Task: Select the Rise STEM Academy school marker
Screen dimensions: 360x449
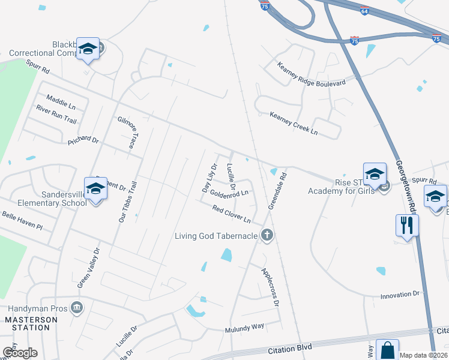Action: pyautogui.click(x=375, y=175)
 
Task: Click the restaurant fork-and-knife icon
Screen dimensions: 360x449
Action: pyautogui.click(x=407, y=225)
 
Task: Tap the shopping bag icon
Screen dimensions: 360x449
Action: pyautogui.click(x=388, y=350)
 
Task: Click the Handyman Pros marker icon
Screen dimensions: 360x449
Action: pyautogui.click(x=76, y=308)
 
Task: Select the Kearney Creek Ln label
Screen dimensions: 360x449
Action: pyautogui.click(x=294, y=123)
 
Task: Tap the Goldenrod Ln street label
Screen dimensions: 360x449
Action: pyautogui.click(x=229, y=194)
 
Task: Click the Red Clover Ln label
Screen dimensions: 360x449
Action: pyautogui.click(x=231, y=212)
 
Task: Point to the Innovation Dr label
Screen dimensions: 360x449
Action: pyautogui.click(x=400, y=295)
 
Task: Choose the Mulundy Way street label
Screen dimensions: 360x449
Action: pyautogui.click(x=244, y=328)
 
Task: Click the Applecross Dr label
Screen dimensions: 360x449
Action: pyautogui.click(x=270, y=287)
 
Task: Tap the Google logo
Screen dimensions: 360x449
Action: pyautogui.click(x=20, y=352)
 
